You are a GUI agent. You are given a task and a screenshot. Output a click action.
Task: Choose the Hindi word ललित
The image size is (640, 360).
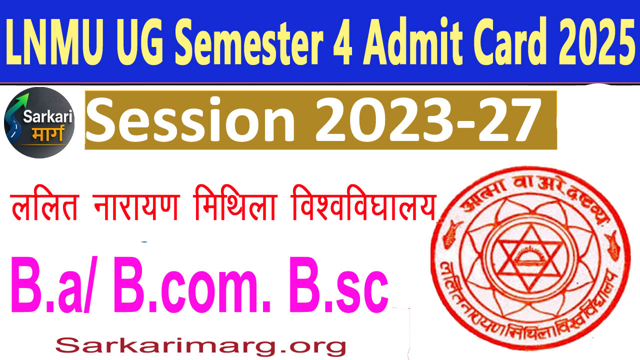pos(45,209)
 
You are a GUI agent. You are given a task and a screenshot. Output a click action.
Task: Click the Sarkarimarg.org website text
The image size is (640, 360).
pos(200,344)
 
